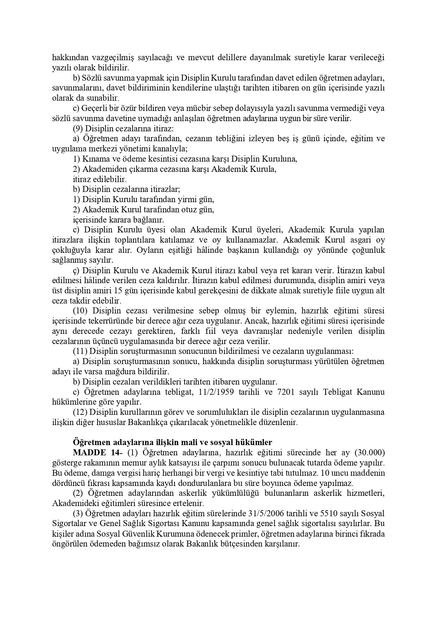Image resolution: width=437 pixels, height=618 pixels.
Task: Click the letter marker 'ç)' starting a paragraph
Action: tap(76, 270)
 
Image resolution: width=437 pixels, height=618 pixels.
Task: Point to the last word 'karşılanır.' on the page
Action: tap(282, 543)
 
